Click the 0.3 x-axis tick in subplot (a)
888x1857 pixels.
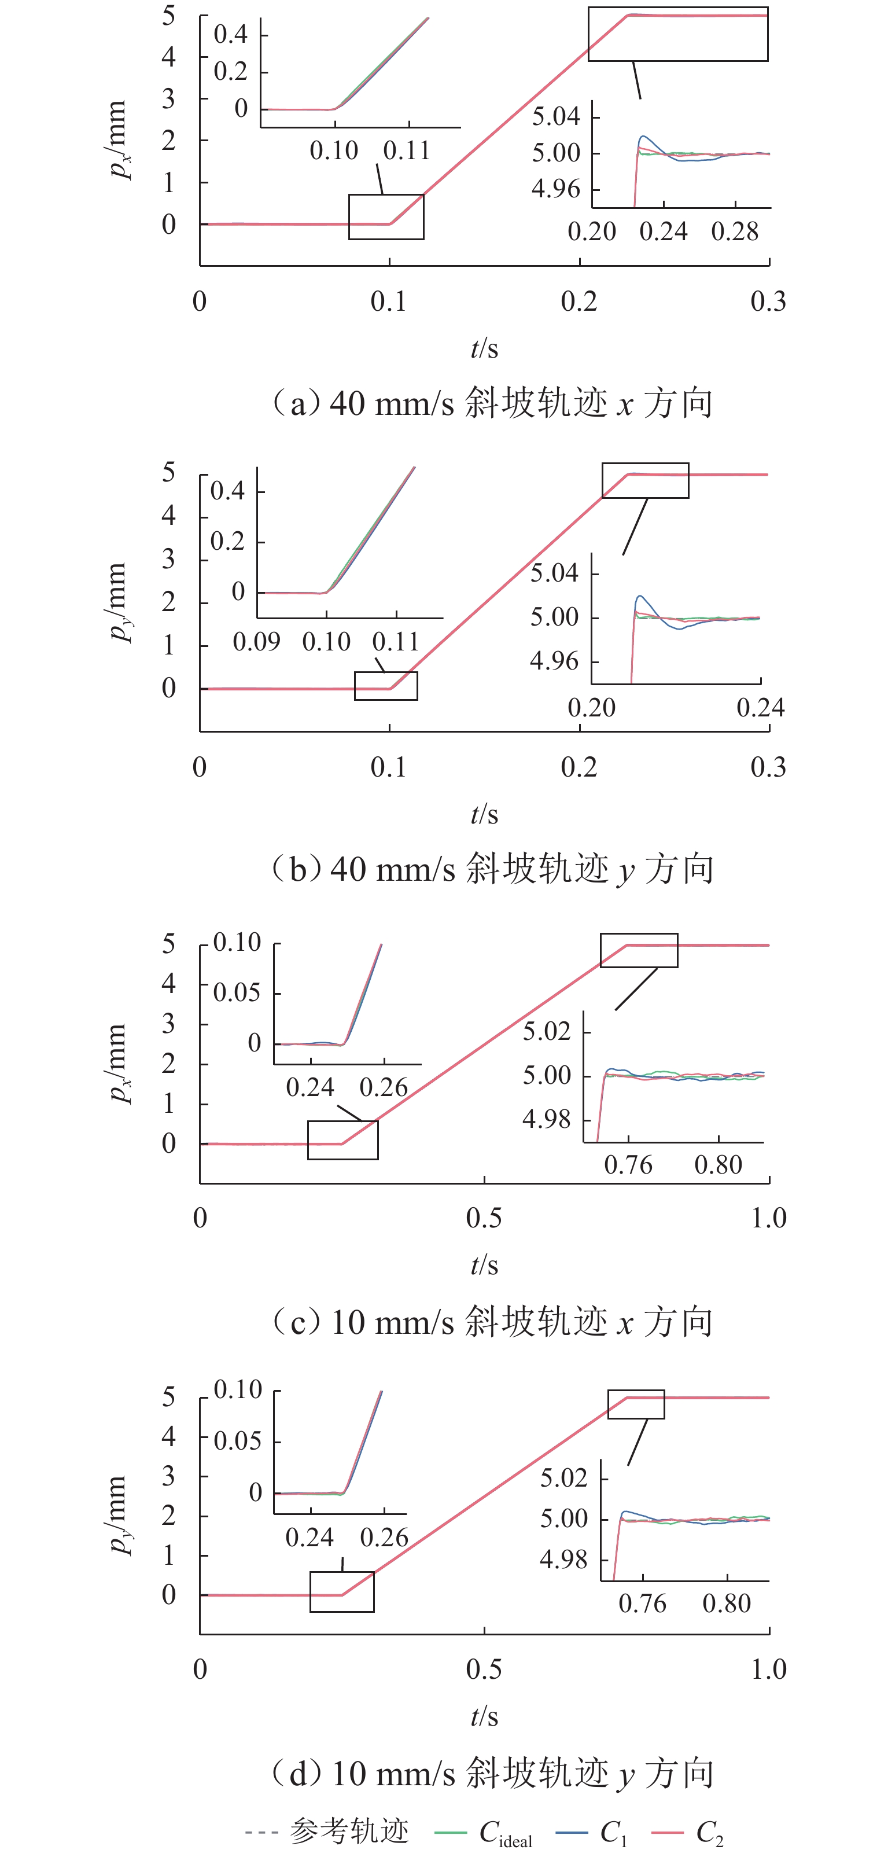[x=768, y=301]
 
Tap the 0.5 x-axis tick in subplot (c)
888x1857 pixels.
[x=484, y=1218]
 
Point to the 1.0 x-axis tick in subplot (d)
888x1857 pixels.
[x=768, y=1669]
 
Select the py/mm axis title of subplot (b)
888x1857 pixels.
[x=117, y=602]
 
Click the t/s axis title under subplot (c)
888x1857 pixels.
[x=484, y=1265]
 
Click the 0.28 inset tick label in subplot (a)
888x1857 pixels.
[x=735, y=231]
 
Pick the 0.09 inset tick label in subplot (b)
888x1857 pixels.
[x=257, y=642]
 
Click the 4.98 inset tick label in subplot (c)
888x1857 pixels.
[x=546, y=1120]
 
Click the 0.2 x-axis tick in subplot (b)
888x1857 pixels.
[x=579, y=767]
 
